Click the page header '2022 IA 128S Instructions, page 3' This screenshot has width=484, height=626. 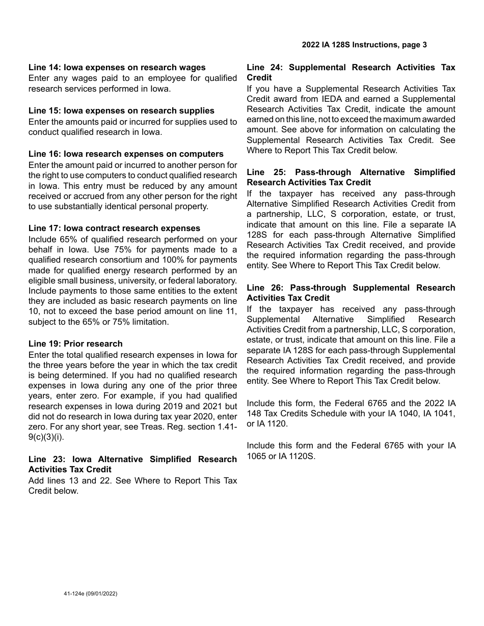pos(364,45)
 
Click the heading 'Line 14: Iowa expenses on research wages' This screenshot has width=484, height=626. pos(117,67)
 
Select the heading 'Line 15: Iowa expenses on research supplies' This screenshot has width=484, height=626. pos(121,110)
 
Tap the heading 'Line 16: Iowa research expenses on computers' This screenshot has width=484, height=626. pos(126,154)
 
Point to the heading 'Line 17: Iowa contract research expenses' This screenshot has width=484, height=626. pos(114,228)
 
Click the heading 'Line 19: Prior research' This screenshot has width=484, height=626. pos(75,344)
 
